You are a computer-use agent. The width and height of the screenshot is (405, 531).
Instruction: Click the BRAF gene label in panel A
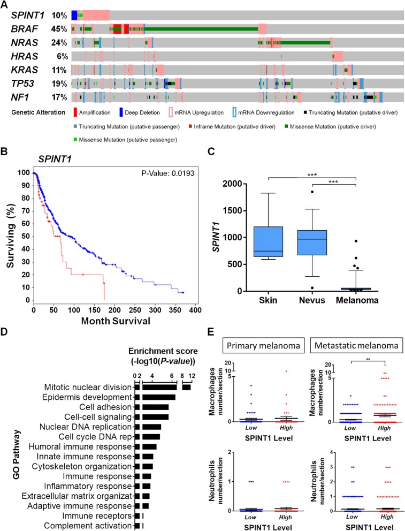pyautogui.click(x=23, y=28)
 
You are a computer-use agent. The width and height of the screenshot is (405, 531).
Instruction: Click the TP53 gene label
pyautogui.click(x=22, y=84)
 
